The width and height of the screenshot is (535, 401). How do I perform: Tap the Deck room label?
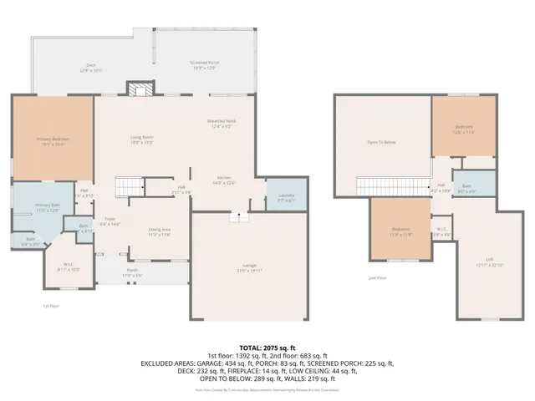[91, 67]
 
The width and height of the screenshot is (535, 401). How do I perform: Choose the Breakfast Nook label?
[222, 124]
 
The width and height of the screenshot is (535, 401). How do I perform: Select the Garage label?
[250, 269]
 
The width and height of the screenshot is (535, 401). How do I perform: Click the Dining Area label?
[160, 231]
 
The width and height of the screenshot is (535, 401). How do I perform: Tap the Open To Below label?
[381, 143]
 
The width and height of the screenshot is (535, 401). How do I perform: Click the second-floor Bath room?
[472, 188]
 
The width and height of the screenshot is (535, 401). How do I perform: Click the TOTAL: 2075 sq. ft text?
[267, 347]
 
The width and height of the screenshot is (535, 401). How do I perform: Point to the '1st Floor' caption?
[52, 307]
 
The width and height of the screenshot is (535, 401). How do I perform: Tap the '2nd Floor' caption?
[377, 278]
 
